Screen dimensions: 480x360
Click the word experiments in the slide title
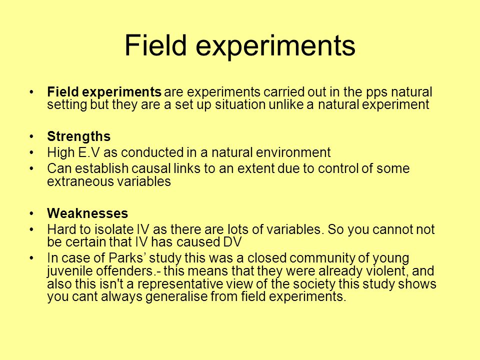[x=275, y=46]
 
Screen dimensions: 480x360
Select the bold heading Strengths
[x=78, y=136]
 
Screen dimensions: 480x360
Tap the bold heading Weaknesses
[x=87, y=213]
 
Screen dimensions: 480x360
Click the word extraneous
[x=80, y=181]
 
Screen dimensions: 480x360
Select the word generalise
[x=176, y=297]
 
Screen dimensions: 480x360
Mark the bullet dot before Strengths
[x=31, y=136]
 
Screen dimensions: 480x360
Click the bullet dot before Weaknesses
[x=31, y=213]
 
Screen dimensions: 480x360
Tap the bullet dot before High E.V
[x=31, y=152]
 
